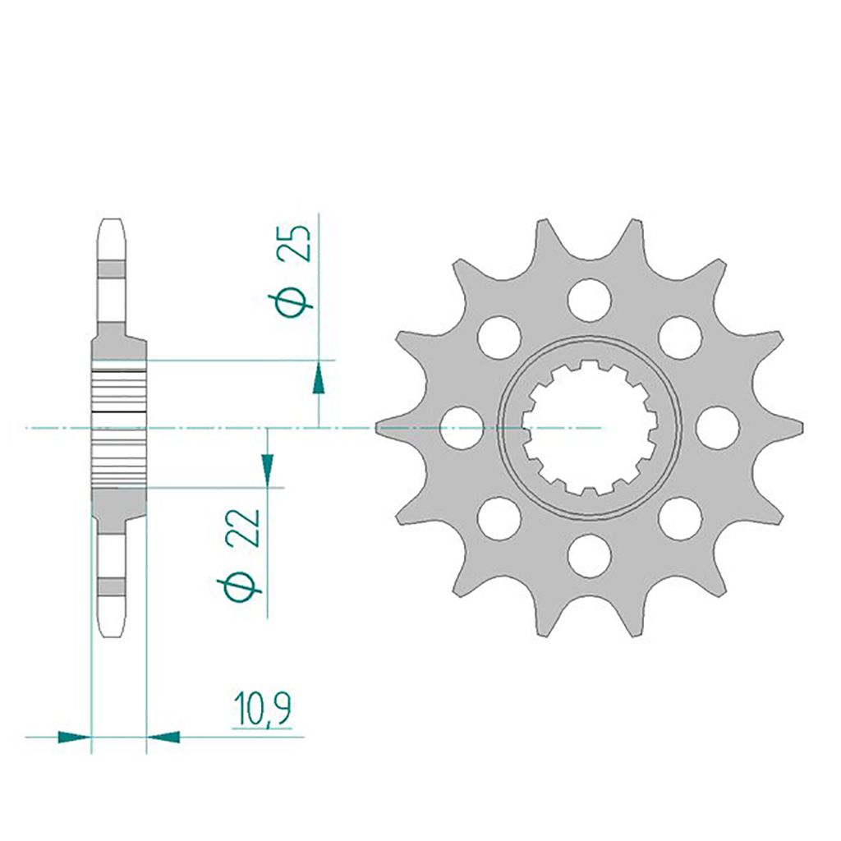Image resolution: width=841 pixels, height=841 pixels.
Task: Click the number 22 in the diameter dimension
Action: click(243, 528)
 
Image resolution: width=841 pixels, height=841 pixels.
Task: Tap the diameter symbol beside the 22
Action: click(239, 588)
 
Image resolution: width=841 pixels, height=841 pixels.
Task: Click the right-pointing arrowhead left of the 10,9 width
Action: click(74, 737)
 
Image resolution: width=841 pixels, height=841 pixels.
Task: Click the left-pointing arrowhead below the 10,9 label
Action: click(163, 737)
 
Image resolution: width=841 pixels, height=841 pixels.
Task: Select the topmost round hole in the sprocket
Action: click(590, 300)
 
